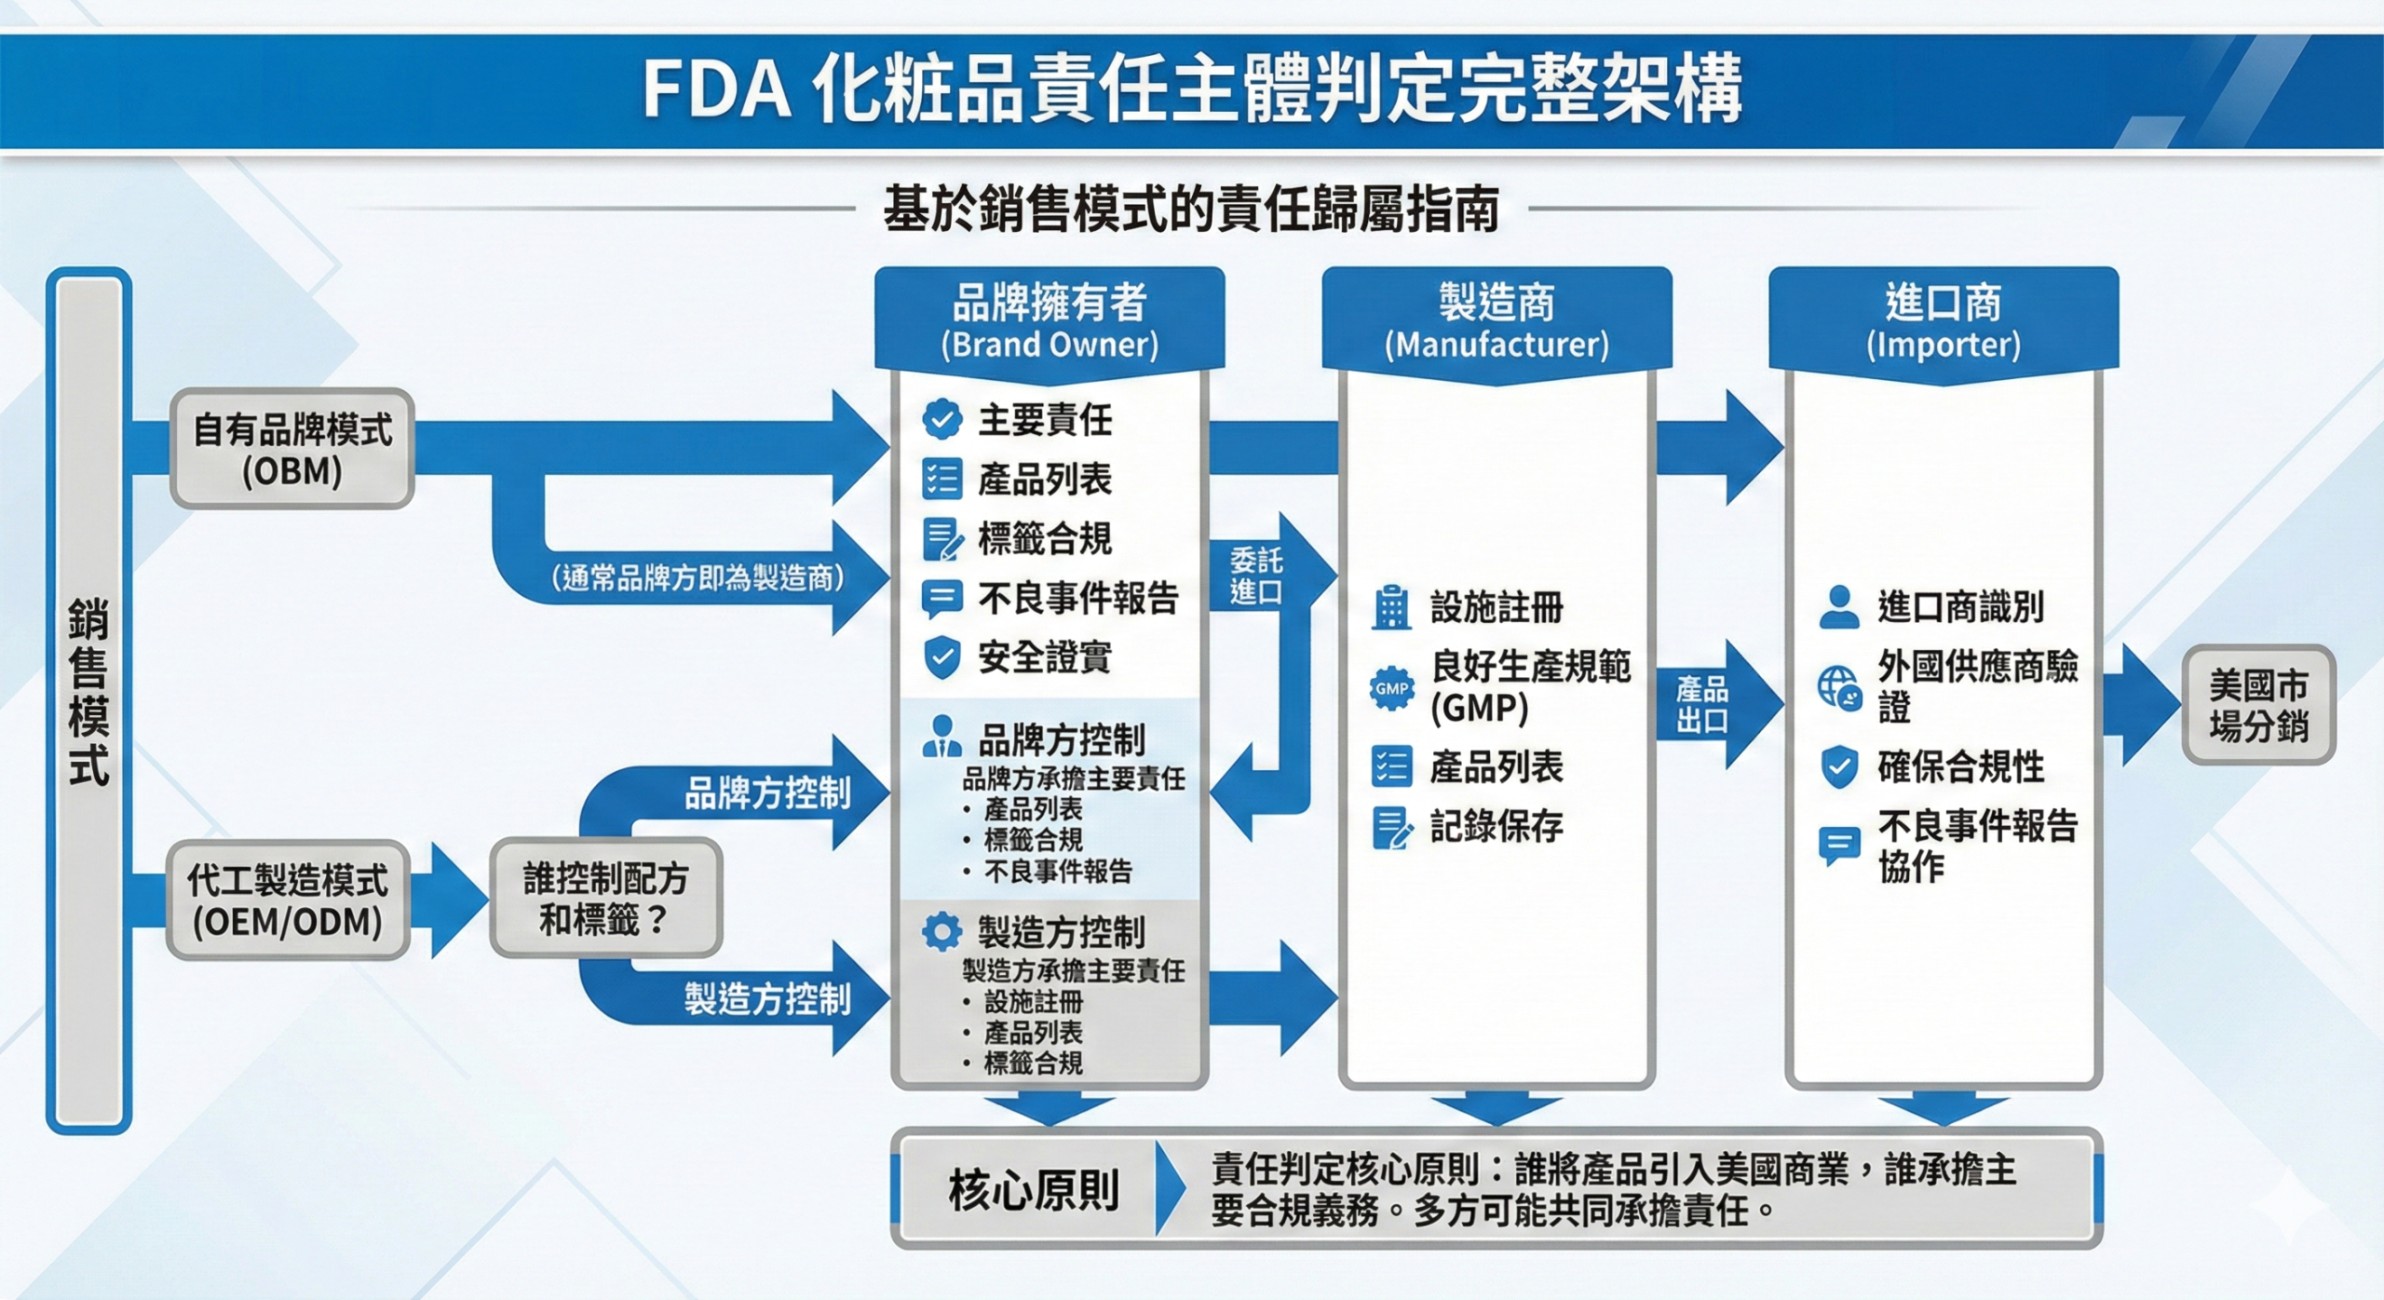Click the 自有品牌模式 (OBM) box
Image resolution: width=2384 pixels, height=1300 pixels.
(x=292, y=449)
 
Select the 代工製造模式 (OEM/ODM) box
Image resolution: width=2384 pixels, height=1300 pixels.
(x=288, y=901)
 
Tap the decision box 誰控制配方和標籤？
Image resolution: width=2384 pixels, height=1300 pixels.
(x=605, y=899)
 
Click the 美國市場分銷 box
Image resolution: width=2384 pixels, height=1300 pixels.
(x=2258, y=706)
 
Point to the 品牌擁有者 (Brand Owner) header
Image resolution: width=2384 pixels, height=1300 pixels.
(x=1050, y=319)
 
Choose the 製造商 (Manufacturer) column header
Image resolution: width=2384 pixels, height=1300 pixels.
(x=1497, y=319)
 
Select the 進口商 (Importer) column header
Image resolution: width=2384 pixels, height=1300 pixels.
(x=1944, y=319)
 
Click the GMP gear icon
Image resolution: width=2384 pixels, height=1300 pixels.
(x=1391, y=689)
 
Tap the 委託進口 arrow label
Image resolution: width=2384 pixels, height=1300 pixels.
(x=1255, y=576)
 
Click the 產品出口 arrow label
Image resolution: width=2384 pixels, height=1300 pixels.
(x=1701, y=705)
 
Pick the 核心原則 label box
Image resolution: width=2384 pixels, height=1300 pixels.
(x=1033, y=1190)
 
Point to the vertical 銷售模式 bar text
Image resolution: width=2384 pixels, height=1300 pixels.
(x=88, y=694)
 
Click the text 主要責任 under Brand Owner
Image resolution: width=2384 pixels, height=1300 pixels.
(x=1045, y=420)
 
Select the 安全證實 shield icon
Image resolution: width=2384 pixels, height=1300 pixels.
(x=941, y=657)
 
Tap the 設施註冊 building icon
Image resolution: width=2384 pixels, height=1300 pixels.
(x=1391, y=607)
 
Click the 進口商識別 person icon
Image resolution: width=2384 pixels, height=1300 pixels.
(x=1839, y=607)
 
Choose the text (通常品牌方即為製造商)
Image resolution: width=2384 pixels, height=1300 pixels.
(x=698, y=578)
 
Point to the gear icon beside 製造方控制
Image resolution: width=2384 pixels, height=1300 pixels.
(x=941, y=931)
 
